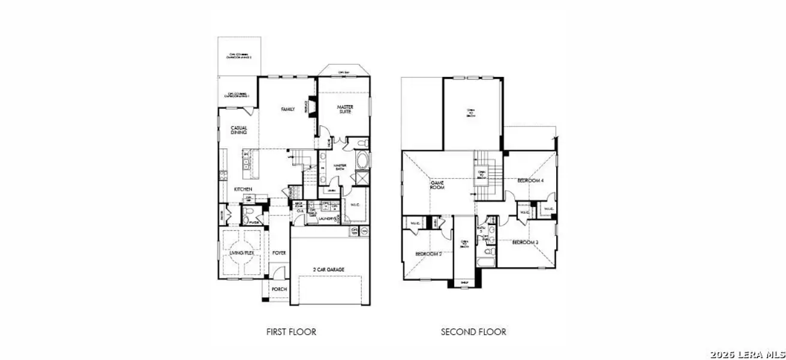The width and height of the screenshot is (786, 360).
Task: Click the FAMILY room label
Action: click(x=288, y=109)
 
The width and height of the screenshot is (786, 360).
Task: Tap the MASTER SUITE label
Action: click(x=344, y=110)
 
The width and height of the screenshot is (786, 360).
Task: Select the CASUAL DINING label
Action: click(x=239, y=130)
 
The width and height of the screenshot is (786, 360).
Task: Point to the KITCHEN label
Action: click(x=243, y=190)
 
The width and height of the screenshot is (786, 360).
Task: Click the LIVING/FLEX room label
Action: click(x=241, y=253)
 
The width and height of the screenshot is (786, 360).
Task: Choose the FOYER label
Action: click(x=279, y=253)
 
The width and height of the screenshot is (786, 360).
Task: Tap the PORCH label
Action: click(x=279, y=289)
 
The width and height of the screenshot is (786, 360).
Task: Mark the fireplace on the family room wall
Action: click(x=311, y=106)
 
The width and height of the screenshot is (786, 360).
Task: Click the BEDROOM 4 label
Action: click(x=530, y=180)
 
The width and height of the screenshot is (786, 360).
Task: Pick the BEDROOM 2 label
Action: click(x=428, y=254)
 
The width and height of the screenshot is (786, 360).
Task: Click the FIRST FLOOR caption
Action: click(x=291, y=332)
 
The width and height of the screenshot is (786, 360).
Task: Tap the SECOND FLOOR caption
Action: click(x=473, y=332)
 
